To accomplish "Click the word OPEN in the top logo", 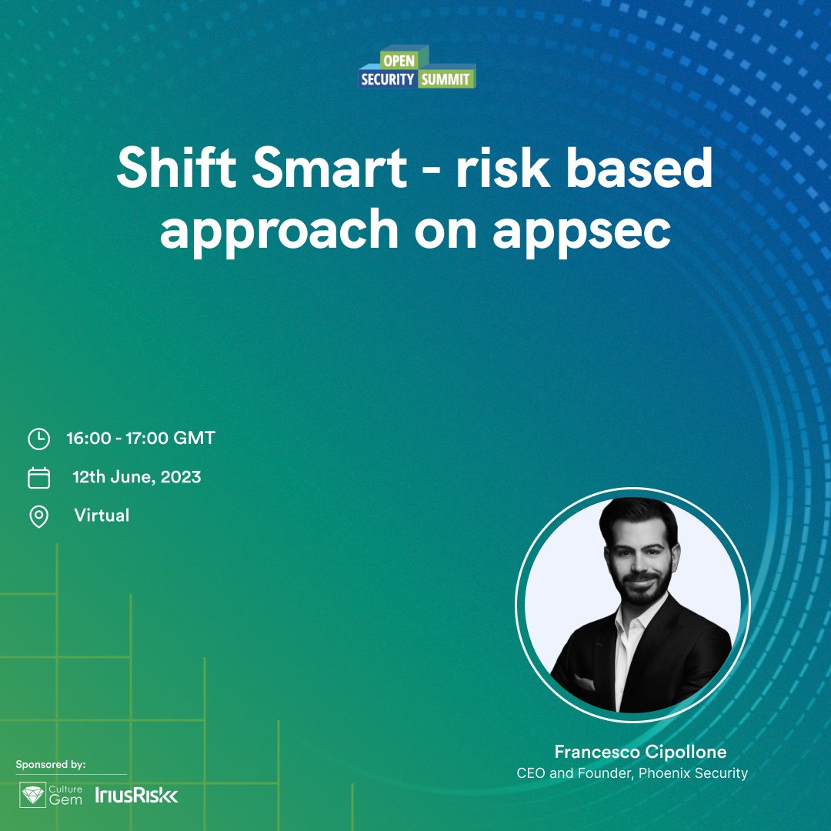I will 399,62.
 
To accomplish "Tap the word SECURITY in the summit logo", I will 387,78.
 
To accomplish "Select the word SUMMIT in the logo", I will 446,78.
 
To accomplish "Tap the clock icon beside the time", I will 38,439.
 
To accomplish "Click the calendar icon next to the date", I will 38,478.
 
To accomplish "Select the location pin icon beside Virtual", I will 38,516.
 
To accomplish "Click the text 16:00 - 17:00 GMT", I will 141,439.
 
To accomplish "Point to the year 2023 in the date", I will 181,477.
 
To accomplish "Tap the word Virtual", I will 102,515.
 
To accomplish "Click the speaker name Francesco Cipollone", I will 640,752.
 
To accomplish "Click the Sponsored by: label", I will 51,764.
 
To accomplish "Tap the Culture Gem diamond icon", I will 32,796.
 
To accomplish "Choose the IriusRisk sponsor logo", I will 137,796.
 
